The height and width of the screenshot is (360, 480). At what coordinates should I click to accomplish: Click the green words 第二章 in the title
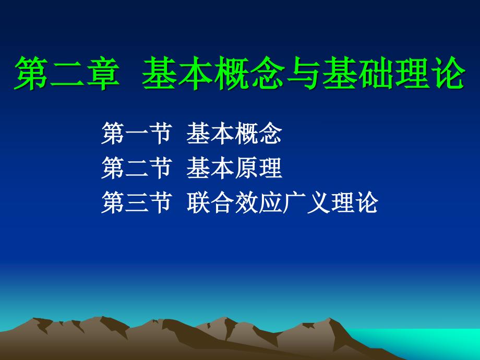point(67,74)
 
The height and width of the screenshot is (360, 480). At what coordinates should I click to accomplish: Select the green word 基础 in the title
point(358,74)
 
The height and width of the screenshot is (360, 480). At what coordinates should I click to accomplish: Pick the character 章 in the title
point(103,74)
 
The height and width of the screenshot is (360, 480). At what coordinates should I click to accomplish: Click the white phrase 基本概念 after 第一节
point(234,133)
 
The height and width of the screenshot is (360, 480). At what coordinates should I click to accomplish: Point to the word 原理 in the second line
point(258,168)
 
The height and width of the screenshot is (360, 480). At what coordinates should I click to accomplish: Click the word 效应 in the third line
point(259,202)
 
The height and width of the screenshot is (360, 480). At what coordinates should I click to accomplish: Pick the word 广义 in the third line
point(306,202)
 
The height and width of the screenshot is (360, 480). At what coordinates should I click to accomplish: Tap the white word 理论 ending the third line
point(354,202)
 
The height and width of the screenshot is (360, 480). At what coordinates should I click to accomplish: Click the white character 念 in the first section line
point(270,133)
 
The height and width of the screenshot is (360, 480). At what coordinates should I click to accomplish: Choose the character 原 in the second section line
point(246,168)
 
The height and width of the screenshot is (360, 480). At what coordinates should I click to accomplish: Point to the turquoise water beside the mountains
point(428,343)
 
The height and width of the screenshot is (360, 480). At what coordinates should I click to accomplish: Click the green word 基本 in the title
point(178,74)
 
